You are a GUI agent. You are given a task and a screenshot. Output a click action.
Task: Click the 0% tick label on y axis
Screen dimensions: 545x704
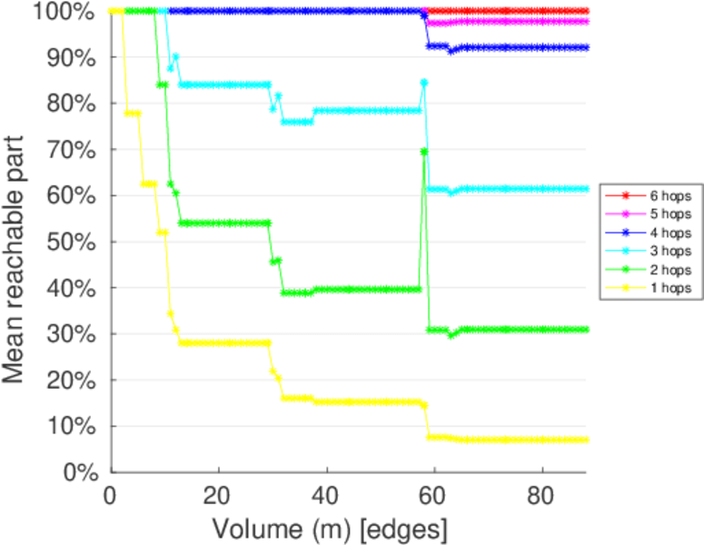(x=82, y=472)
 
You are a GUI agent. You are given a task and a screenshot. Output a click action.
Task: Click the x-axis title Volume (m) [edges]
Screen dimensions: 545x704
(x=329, y=528)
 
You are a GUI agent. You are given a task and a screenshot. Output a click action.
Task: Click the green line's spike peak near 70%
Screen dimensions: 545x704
(x=424, y=151)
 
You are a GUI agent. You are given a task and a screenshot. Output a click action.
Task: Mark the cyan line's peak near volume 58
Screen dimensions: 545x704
(x=424, y=83)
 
